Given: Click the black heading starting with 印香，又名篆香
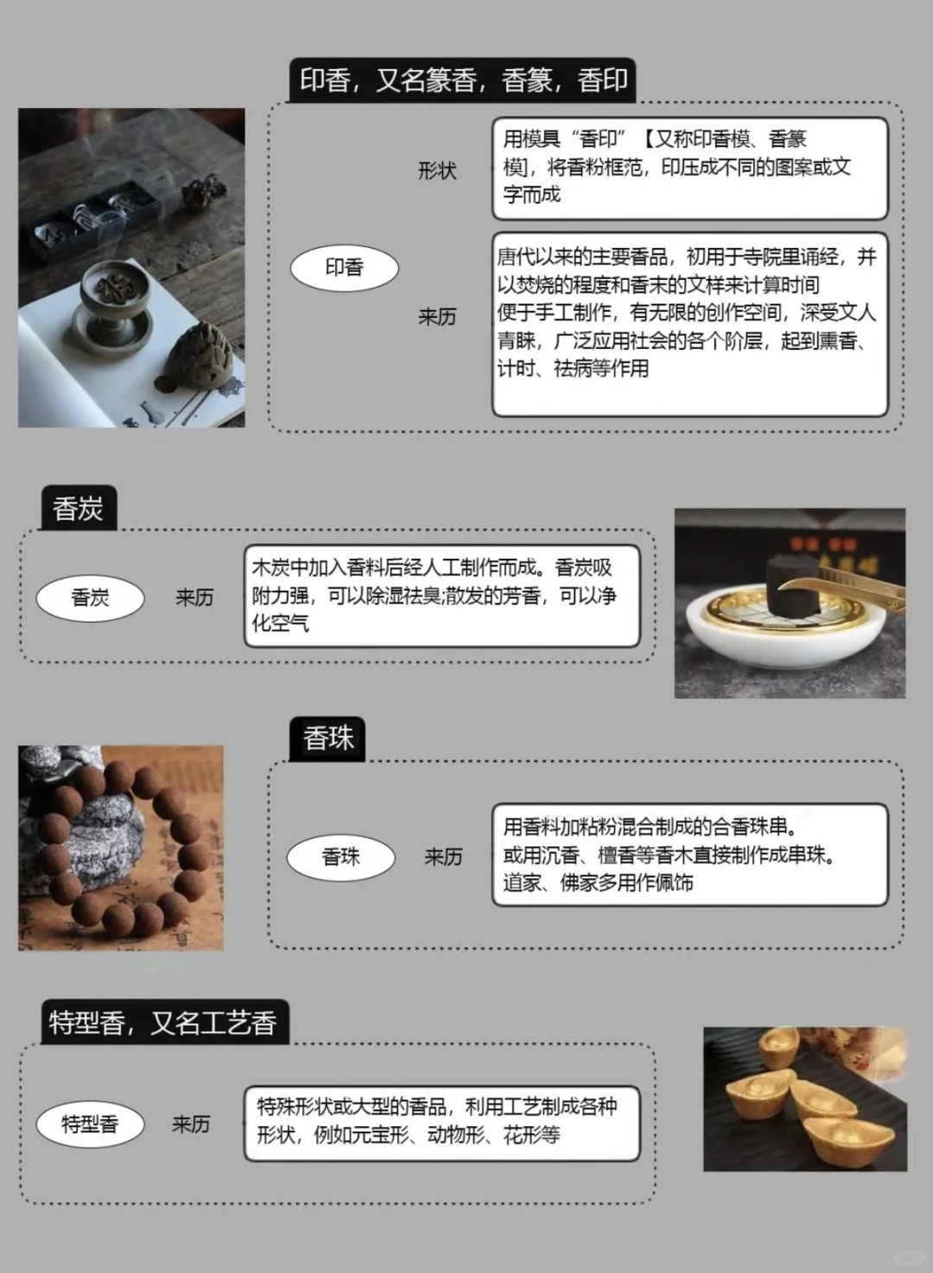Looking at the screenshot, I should tap(462, 80).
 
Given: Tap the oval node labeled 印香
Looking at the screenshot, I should tap(344, 269).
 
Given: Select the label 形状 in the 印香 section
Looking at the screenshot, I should tap(437, 171).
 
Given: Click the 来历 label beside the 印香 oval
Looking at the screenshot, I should tap(437, 317).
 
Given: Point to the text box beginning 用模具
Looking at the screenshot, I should tap(689, 168).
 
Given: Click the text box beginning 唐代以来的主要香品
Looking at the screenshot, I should tap(689, 323).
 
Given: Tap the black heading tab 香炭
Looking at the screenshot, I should tap(78, 509).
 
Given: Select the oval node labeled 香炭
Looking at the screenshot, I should tap(90, 598).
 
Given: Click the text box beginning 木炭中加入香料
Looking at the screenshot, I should tap(441, 596).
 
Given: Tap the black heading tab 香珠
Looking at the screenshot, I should tap(327, 738).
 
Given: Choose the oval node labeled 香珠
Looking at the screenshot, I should tap(340, 857).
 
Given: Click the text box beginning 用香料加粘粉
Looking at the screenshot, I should tap(689, 855).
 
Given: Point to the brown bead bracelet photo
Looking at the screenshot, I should tap(121, 848).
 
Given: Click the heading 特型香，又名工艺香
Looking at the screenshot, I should tap(163, 1023).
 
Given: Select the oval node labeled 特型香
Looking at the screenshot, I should tap(90, 1124).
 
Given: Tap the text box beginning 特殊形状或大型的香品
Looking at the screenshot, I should tap(441, 1122).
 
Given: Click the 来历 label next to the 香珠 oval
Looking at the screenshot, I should tap(443, 857).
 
